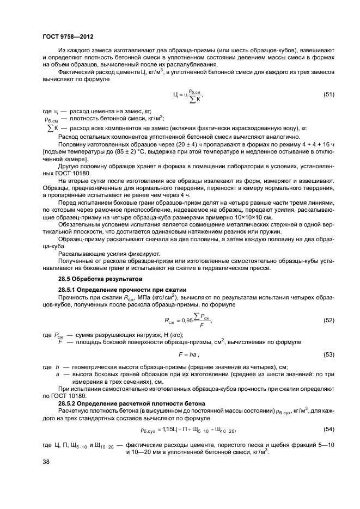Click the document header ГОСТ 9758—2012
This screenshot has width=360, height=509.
[65, 36]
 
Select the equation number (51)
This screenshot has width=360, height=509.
[328, 94]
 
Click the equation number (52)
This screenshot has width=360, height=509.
[328, 320]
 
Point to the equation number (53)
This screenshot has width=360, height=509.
[328, 354]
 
